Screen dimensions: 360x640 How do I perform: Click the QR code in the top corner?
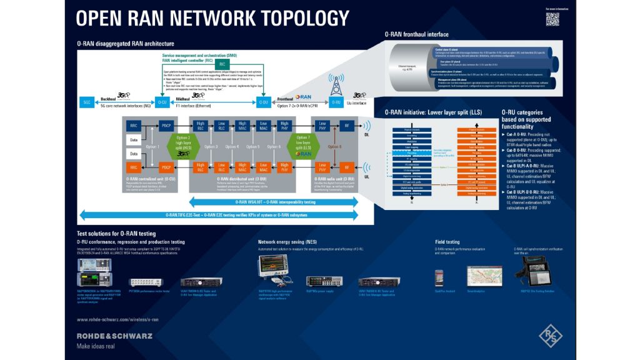[x=552, y=19]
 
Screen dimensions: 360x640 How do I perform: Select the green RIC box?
[x=222, y=64]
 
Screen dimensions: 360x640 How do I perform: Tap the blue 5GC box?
[x=87, y=101]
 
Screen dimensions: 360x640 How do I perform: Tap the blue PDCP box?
[x=166, y=125]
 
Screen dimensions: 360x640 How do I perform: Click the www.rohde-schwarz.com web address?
[x=116, y=319]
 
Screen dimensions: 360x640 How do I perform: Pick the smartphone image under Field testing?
[x=439, y=277]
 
